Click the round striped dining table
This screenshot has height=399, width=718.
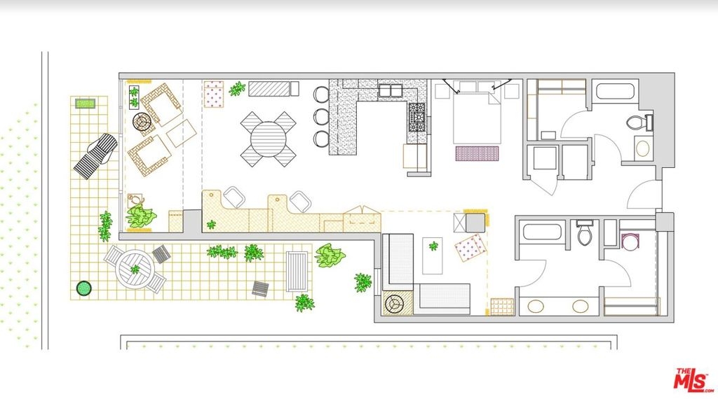[x=268, y=139]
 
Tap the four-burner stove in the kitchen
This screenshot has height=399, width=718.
[x=416, y=118]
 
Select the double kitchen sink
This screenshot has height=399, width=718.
[x=390, y=90]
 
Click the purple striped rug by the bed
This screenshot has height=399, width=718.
[x=477, y=153]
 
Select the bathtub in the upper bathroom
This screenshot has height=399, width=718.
[x=615, y=91]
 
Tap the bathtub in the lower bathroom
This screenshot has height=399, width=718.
[x=542, y=231]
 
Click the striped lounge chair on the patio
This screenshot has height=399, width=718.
[x=96, y=156]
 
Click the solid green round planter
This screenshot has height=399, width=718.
[x=84, y=288]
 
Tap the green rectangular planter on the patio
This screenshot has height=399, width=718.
[x=85, y=104]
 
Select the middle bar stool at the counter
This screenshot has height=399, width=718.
[x=321, y=116]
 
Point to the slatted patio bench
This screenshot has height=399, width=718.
[x=297, y=272]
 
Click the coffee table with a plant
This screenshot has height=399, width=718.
[x=433, y=255]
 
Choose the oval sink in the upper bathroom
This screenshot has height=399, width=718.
[x=642, y=148]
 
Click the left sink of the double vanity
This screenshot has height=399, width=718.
[x=535, y=306]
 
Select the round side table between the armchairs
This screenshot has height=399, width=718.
[x=142, y=122]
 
